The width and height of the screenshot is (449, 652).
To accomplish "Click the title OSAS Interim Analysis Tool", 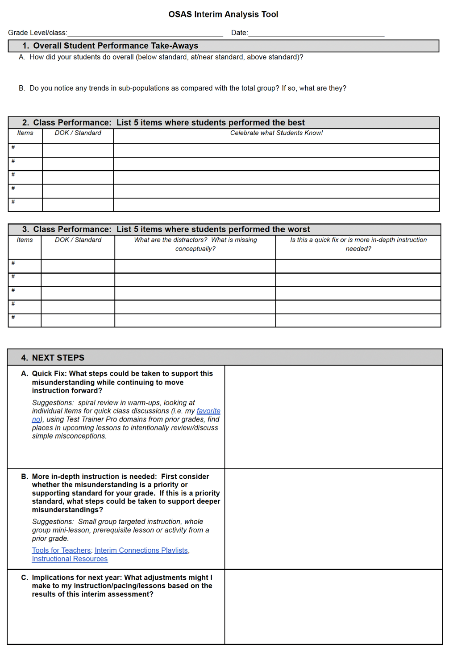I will (x=223, y=14).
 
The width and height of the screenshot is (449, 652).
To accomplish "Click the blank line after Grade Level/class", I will (x=145, y=33).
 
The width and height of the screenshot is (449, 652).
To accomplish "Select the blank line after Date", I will (x=316, y=33).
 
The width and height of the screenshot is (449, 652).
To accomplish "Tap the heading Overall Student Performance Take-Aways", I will (x=115, y=46).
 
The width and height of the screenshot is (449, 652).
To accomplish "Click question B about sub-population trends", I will (x=187, y=88).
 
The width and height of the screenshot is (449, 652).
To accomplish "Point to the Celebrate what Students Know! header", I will (x=276, y=133).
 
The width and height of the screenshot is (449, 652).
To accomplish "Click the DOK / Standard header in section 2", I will (x=78, y=133).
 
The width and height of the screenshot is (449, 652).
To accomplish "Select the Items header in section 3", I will (x=25, y=240).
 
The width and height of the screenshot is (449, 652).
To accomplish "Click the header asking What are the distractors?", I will (x=195, y=244).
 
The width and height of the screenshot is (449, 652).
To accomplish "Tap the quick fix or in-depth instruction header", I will (x=358, y=244).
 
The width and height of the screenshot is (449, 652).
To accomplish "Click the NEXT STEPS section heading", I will (x=58, y=358).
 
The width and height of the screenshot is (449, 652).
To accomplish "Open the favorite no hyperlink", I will (x=208, y=411).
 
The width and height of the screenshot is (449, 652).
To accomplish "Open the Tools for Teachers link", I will (x=61, y=551).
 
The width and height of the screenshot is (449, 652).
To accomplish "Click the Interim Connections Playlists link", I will (x=141, y=551).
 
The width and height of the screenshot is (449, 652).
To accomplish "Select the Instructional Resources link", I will (x=70, y=559).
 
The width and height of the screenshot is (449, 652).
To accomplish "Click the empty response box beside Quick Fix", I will (x=333, y=417).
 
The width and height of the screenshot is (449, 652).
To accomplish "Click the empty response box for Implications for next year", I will (x=333, y=606).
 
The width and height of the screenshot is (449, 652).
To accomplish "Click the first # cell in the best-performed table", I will (x=25, y=150).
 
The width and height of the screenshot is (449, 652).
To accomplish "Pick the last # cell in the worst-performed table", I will (x=25, y=320).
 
